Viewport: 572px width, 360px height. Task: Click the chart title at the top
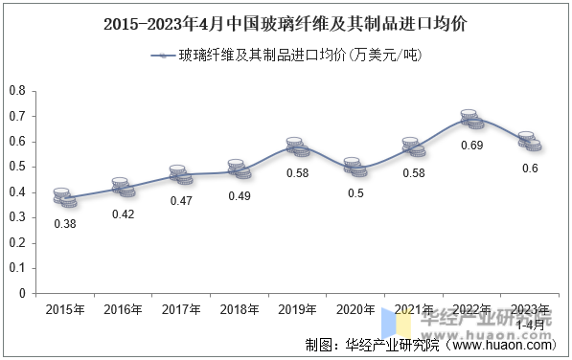click(286, 22)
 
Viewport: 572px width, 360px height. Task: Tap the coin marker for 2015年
click(64, 197)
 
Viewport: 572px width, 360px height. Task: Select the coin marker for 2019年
click(298, 147)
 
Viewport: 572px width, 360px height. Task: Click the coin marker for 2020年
click(355, 167)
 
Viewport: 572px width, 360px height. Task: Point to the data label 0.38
click(64, 224)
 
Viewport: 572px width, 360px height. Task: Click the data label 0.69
click(472, 146)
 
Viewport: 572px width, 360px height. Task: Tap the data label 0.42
click(123, 214)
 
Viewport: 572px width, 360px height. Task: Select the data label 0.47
click(181, 201)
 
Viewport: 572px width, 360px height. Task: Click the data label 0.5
click(355, 193)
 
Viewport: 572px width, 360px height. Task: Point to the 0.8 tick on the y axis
click(16, 91)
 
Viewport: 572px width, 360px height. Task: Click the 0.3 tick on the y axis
click(16, 217)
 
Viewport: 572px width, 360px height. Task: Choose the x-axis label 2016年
click(123, 309)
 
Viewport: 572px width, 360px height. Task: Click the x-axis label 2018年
click(240, 309)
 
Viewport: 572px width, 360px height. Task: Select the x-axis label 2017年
click(181, 309)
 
